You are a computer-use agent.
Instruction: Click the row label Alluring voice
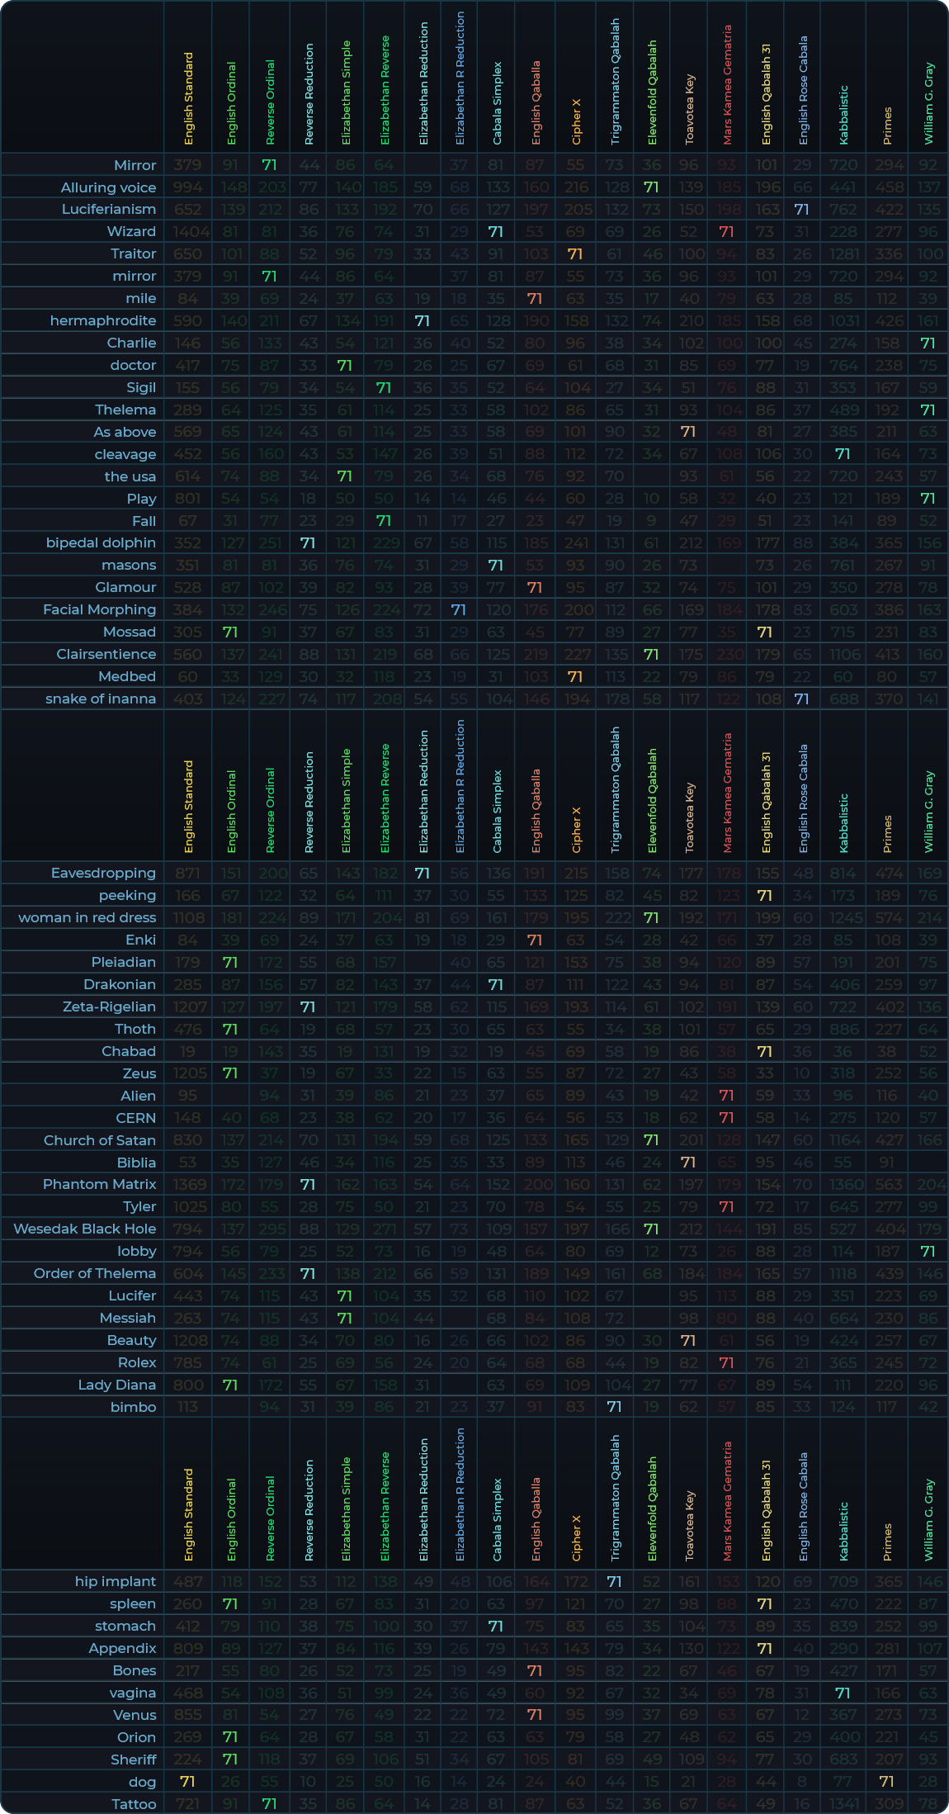click(108, 187)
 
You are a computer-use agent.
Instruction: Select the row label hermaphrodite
click(102, 320)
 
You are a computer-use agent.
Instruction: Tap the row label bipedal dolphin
click(101, 542)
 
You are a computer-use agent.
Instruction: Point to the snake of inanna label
click(101, 699)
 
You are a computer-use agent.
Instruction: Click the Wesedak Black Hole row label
click(84, 1229)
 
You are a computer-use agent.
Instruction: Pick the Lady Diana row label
click(116, 1385)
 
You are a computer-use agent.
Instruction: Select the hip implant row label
click(115, 1581)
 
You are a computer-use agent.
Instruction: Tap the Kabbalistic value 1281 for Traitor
click(843, 254)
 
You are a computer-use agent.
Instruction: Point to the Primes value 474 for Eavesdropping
click(887, 873)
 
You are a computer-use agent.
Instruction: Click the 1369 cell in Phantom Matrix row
click(188, 1184)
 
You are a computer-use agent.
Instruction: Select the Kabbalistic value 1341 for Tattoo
click(843, 1804)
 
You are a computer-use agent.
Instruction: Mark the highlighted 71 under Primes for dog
click(887, 1782)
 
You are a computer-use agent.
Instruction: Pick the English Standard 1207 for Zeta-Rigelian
click(188, 1006)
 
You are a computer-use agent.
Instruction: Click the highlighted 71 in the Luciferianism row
click(801, 210)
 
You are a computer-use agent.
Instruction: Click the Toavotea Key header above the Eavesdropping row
click(690, 817)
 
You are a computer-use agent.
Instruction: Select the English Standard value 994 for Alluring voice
click(188, 187)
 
